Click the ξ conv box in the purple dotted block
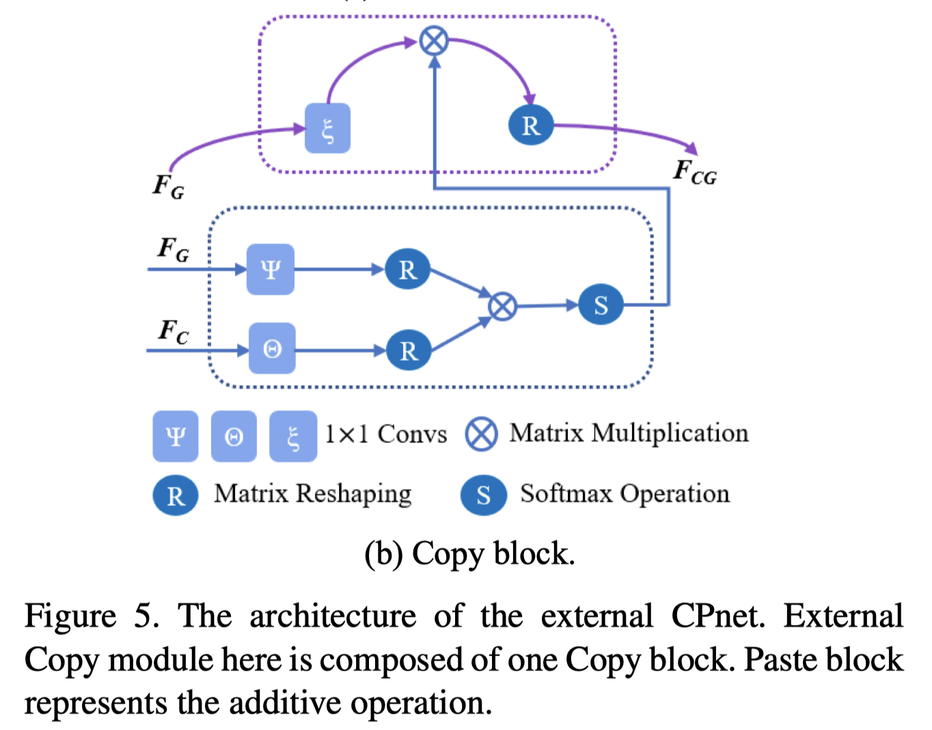click(x=327, y=128)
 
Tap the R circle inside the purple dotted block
click(x=531, y=125)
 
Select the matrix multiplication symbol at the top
click(x=434, y=41)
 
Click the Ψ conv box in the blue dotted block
click(x=271, y=269)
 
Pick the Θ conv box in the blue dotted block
click(x=272, y=349)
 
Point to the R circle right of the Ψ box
click(x=407, y=269)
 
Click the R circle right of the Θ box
click(x=409, y=350)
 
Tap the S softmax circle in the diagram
click(x=601, y=305)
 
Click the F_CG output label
click(x=695, y=172)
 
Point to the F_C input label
click(x=173, y=332)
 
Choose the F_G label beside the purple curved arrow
click(x=168, y=186)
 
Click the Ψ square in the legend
click(x=176, y=436)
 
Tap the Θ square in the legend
click(x=234, y=436)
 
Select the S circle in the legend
click(x=484, y=495)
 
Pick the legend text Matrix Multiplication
click(x=629, y=433)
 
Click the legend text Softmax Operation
click(x=625, y=494)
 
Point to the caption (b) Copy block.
click(x=469, y=554)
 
